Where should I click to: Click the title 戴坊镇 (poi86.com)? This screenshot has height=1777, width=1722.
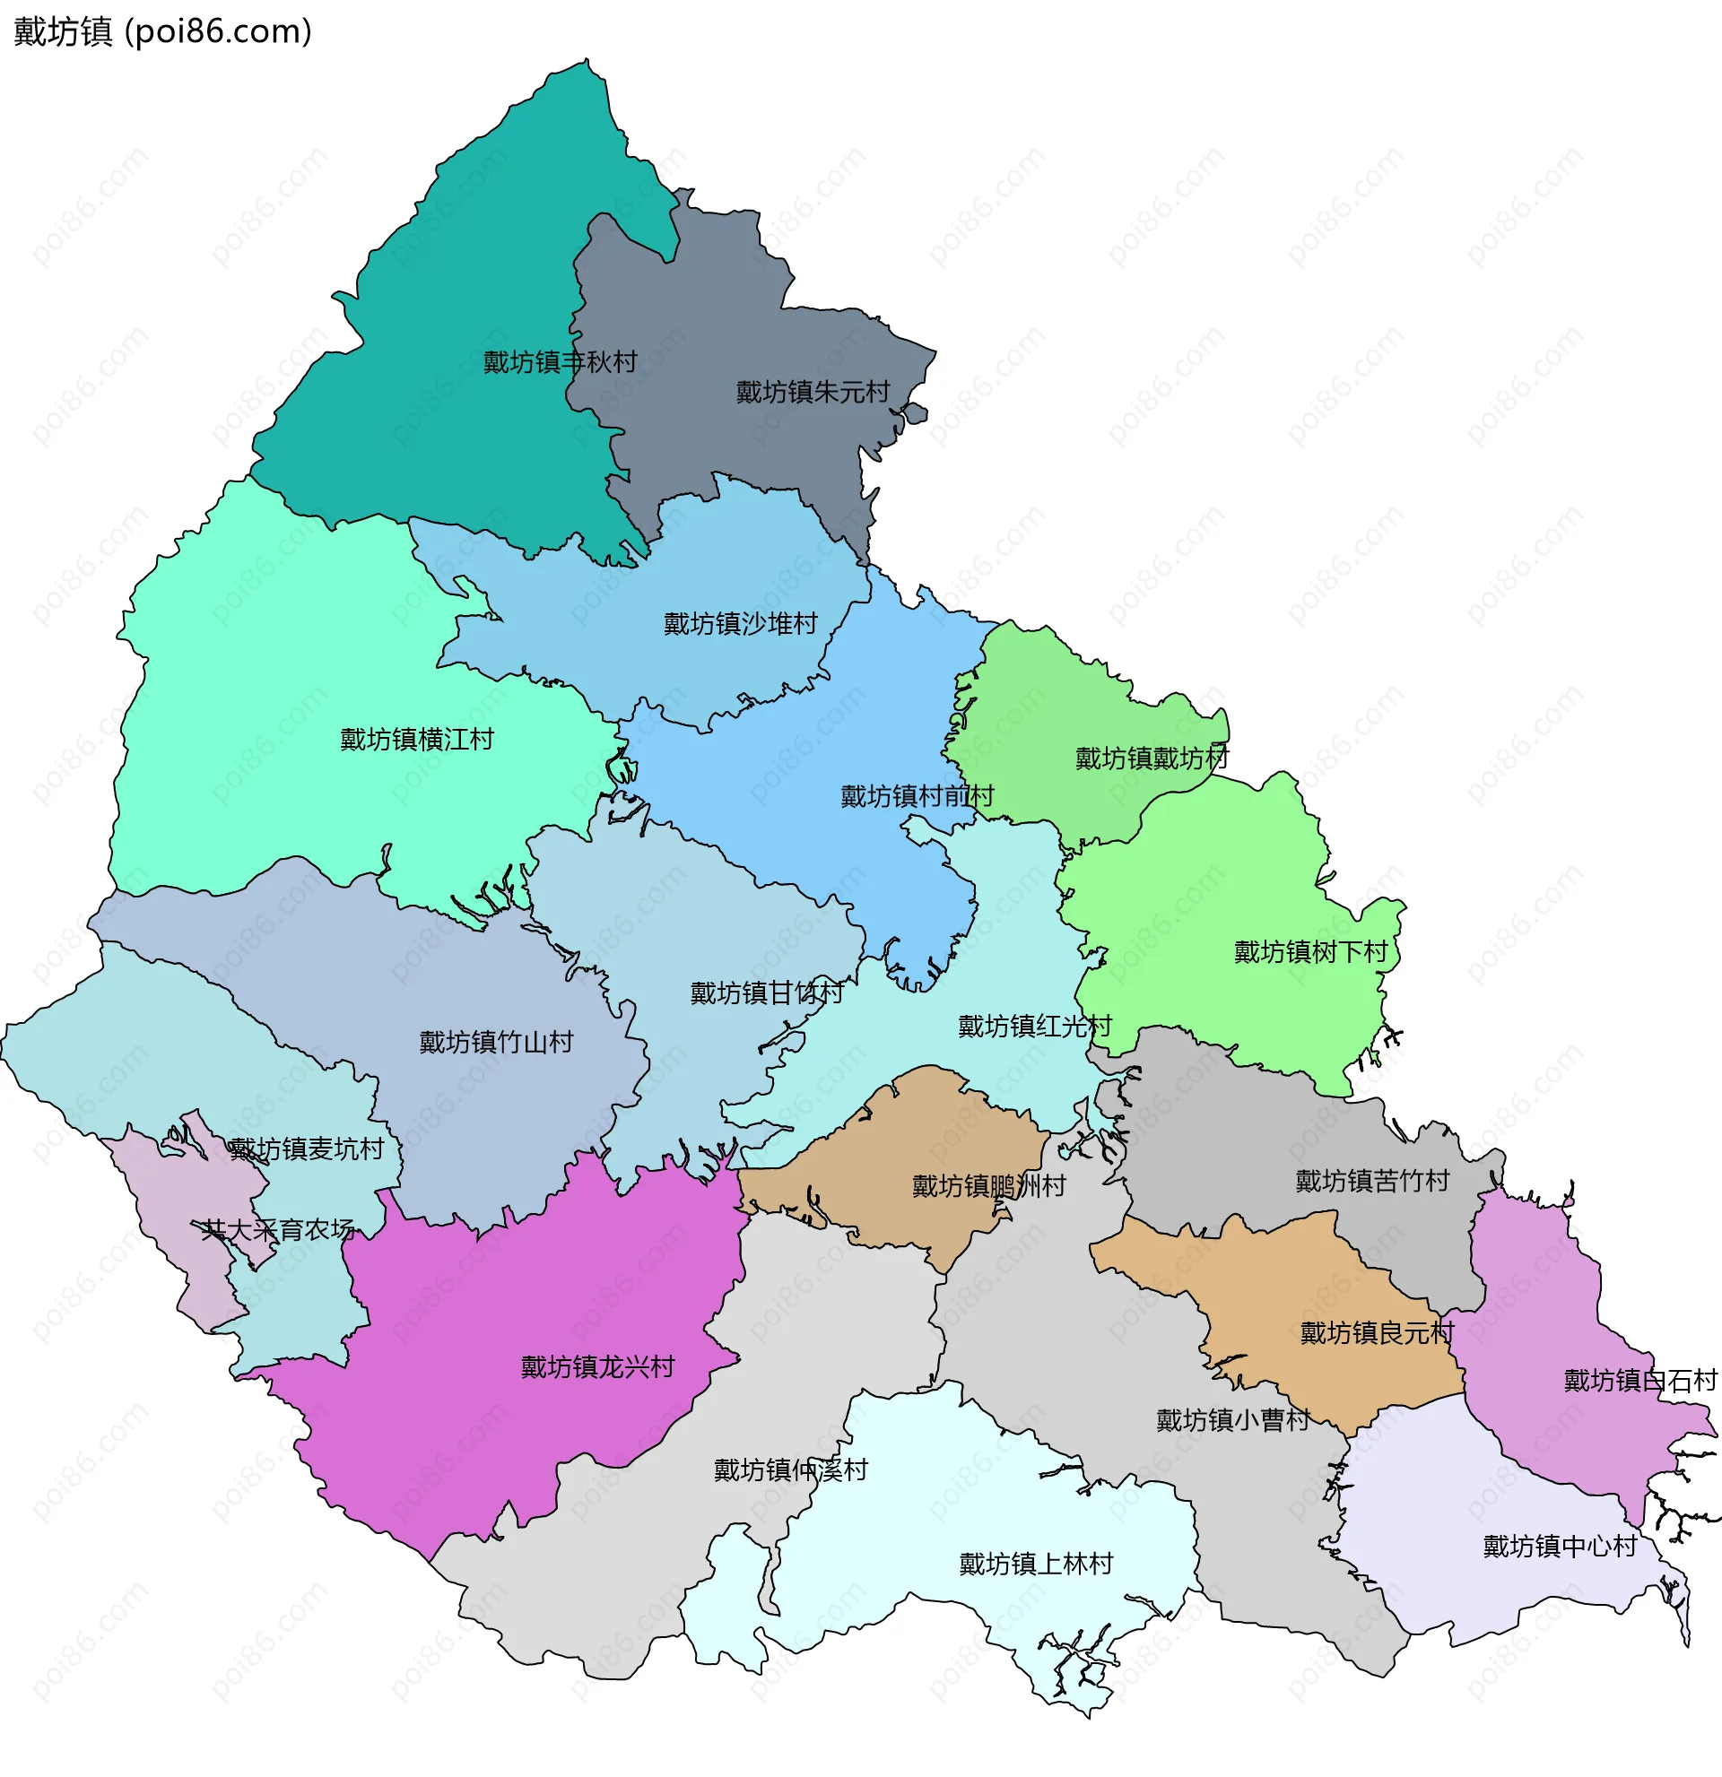click(x=163, y=31)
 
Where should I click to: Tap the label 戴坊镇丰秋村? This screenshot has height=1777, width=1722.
click(x=560, y=362)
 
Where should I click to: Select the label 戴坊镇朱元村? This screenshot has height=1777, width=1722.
click(x=813, y=393)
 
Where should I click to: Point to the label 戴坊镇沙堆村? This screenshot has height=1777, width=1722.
click(x=740, y=624)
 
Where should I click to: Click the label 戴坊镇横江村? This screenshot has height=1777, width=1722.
click(x=417, y=740)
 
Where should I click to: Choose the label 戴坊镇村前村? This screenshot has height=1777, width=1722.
click(x=917, y=796)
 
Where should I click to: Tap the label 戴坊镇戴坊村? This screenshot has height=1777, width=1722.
click(x=1152, y=758)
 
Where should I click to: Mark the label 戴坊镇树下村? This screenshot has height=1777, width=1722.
click(x=1310, y=952)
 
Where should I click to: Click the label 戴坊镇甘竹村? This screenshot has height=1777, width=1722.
click(x=766, y=993)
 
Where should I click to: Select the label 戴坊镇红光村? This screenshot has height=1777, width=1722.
click(x=1035, y=1027)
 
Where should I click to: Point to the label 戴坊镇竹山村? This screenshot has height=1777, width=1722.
click(x=496, y=1042)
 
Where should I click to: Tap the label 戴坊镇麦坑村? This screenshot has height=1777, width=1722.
click(x=307, y=1149)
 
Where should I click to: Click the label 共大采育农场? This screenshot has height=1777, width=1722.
click(x=277, y=1229)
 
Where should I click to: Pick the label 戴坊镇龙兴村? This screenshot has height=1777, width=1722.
click(x=597, y=1367)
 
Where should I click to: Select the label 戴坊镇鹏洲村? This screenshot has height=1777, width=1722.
click(x=988, y=1186)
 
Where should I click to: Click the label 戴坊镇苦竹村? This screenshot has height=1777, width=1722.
click(x=1372, y=1181)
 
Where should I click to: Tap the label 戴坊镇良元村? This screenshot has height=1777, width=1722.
click(x=1377, y=1332)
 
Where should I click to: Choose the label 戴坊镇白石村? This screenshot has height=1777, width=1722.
click(x=1639, y=1380)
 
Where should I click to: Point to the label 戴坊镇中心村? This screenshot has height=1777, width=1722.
click(x=1560, y=1546)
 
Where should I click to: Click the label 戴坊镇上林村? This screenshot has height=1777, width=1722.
click(x=1036, y=1564)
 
